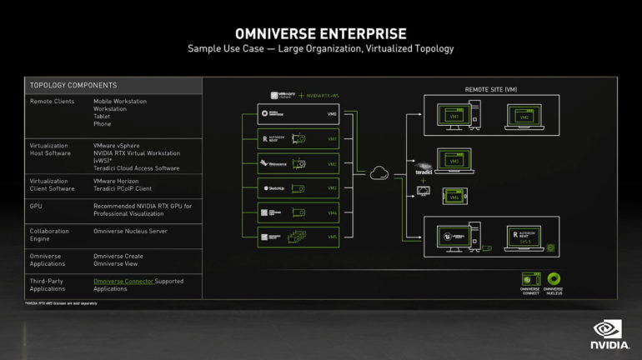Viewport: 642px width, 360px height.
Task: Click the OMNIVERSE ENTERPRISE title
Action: click(x=321, y=33)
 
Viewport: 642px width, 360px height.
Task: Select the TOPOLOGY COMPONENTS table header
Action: click(x=73, y=85)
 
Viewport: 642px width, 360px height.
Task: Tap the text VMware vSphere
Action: click(x=120, y=145)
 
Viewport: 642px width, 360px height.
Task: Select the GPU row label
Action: click(x=36, y=204)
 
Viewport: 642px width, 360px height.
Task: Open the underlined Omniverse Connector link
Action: click(x=123, y=282)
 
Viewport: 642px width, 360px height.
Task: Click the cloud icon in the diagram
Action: click(x=379, y=172)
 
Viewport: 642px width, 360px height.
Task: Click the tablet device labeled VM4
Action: click(x=454, y=197)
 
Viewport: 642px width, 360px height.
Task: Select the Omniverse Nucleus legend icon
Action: click(x=554, y=279)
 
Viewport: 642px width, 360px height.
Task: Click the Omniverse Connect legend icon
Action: click(x=530, y=279)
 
